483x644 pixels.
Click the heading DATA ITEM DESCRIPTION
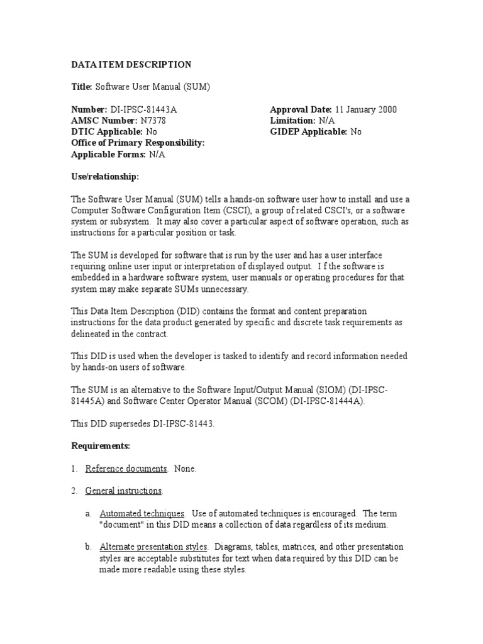(x=131, y=64)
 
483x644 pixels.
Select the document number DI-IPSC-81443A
(x=148, y=109)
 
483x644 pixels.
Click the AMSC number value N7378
(x=153, y=121)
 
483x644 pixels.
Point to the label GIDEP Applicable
(x=308, y=132)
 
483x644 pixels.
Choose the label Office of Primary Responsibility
(x=138, y=143)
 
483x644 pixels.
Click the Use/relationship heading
(x=105, y=177)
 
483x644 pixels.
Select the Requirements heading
(x=101, y=446)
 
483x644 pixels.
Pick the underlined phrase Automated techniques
(x=142, y=513)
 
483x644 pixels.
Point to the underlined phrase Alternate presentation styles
(x=154, y=547)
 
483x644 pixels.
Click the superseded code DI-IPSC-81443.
(x=182, y=423)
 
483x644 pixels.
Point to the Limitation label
(x=292, y=121)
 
